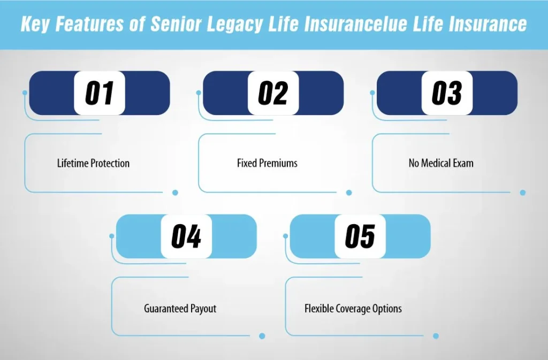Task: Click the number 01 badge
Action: pyautogui.click(x=100, y=93)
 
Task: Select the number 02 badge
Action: pyautogui.click(x=273, y=93)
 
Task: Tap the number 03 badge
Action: pyautogui.click(x=447, y=93)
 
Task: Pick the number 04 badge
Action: pyautogui.click(x=186, y=236)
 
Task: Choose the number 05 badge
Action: pyautogui.click(x=360, y=236)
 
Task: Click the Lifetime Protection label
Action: pyautogui.click(x=93, y=163)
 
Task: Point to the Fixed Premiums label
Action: pyautogui.click(x=267, y=163)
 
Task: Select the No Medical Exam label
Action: pyautogui.click(x=441, y=163)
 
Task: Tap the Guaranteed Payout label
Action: pyautogui.click(x=180, y=309)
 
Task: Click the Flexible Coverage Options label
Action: pyautogui.click(x=353, y=309)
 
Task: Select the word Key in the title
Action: pyautogui.click(x=36, y=25)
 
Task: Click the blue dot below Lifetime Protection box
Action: pyautogui.click(x=175, y=193)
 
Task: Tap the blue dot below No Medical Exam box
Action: pyautogui.click(x=523, y=193)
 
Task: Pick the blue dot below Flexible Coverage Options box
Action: pyautogui.click(x=436, y=336)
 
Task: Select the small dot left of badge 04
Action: pyautogui.click(x=112, y=236)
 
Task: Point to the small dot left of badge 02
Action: pyautogui.click(x=199, y=93)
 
